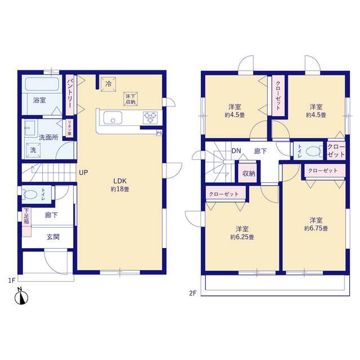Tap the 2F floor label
193,292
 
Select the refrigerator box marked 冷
108,84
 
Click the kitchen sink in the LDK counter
111,118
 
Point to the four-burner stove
150,117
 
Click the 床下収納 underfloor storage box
130,98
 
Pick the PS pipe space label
159,133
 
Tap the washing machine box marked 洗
33,150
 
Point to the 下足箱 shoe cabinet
26,217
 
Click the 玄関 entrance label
53,237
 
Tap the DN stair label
236,151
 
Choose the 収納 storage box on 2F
248,173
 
